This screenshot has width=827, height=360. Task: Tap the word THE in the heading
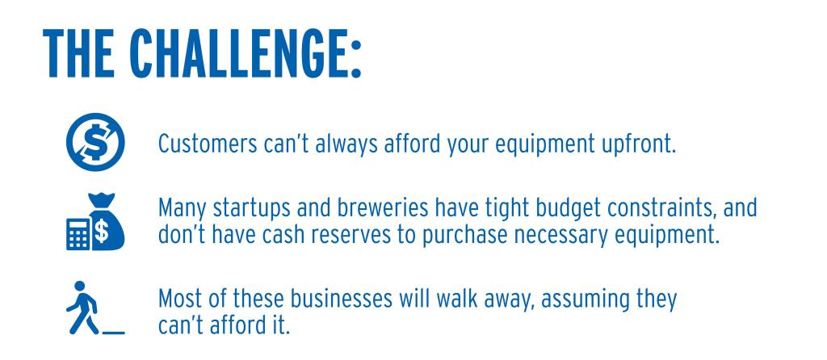coord(78,52)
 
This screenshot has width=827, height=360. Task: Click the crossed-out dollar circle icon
coord(95,142)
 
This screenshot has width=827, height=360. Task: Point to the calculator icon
coord(78,233)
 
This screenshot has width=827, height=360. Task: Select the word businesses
coord(342,299)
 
